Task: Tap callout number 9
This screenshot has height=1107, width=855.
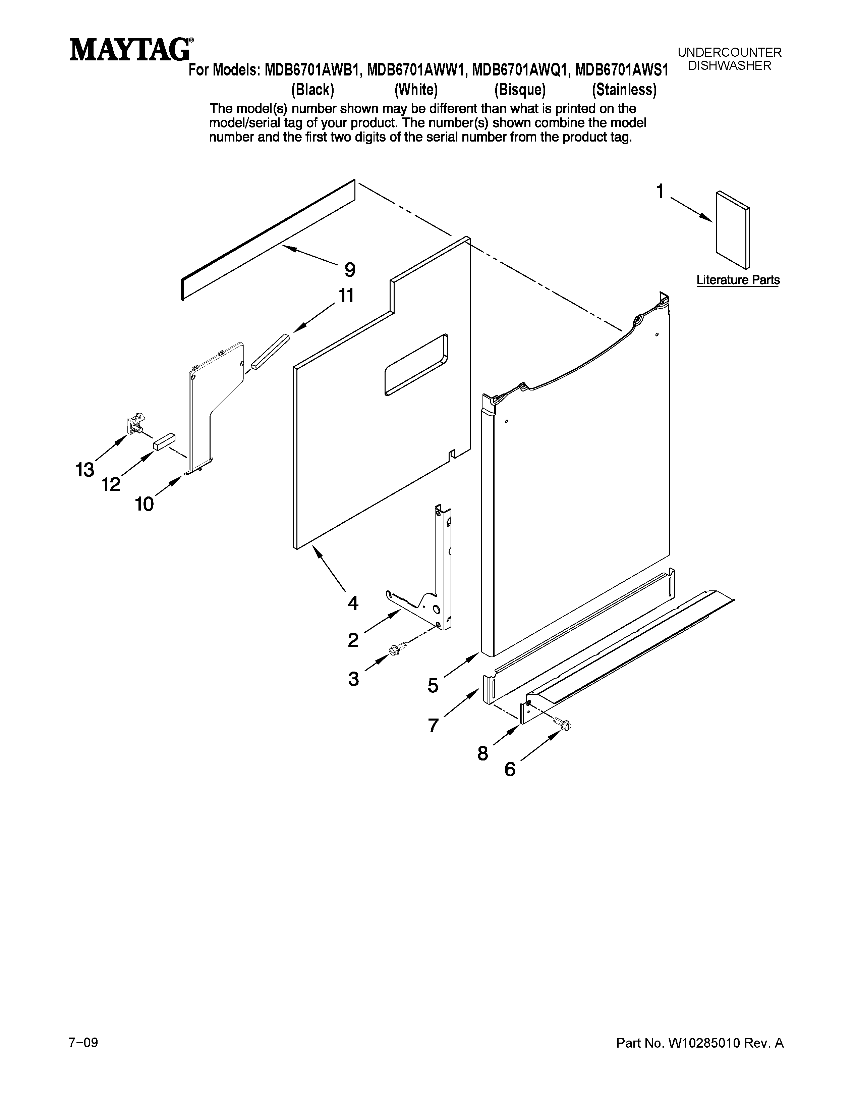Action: [349, 270]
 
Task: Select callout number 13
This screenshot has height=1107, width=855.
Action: [85, 470]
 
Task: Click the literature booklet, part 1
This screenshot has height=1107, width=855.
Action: [732, 229]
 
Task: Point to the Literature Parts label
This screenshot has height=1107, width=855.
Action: [738, 280]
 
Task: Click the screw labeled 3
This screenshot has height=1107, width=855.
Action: [398, 648]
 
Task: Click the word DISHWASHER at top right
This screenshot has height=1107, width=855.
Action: [729, 65]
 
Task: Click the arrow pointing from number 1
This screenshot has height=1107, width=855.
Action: [691, 209]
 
